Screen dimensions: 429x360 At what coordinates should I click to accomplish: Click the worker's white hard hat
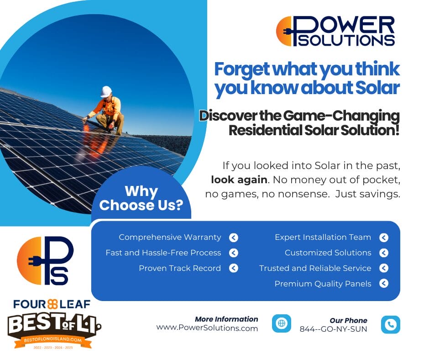pyautogui.click(x=106, y=91)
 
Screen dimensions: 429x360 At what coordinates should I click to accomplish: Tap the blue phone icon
pyautogui.click(x=390, y=324)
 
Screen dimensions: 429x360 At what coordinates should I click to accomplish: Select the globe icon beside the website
pyautogui.click(x=282, y=323)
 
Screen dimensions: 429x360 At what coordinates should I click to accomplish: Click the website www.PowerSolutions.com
pyautogui.click(x=207, y=328)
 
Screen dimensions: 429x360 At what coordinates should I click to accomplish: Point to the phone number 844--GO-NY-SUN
pyautogui.click(x=333, y=329)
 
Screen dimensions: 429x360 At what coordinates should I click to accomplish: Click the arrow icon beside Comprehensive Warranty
pyautogui.click(x=233, y=238)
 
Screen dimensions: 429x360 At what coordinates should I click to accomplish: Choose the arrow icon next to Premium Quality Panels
pyautogui.click(x=384, y=283)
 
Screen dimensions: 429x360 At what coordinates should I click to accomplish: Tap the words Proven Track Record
pyautogui.click(x=180, y=268)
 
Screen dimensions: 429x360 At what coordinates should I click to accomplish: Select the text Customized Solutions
pyautogui.click(x=328, y=253)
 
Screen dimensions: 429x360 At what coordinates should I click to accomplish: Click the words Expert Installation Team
pyautogui.click(x=323, y=237)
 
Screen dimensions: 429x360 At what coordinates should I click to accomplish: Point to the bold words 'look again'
pyautogui.click(x=239, y=180)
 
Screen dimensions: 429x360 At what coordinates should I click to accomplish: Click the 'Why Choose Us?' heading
pyautogui.click(x=141, y=198)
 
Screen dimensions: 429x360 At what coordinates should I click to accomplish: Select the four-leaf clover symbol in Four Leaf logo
pyautogui.click(x=52, y=304)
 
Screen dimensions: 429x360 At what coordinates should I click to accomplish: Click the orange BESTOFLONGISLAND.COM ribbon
pyautogui.click(x=53, y=340)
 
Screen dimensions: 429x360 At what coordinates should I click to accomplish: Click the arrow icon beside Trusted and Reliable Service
pyautogui.click(x=384, y=268)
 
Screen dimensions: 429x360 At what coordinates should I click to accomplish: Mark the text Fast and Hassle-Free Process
pyautogui.click(x=163, y=253)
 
